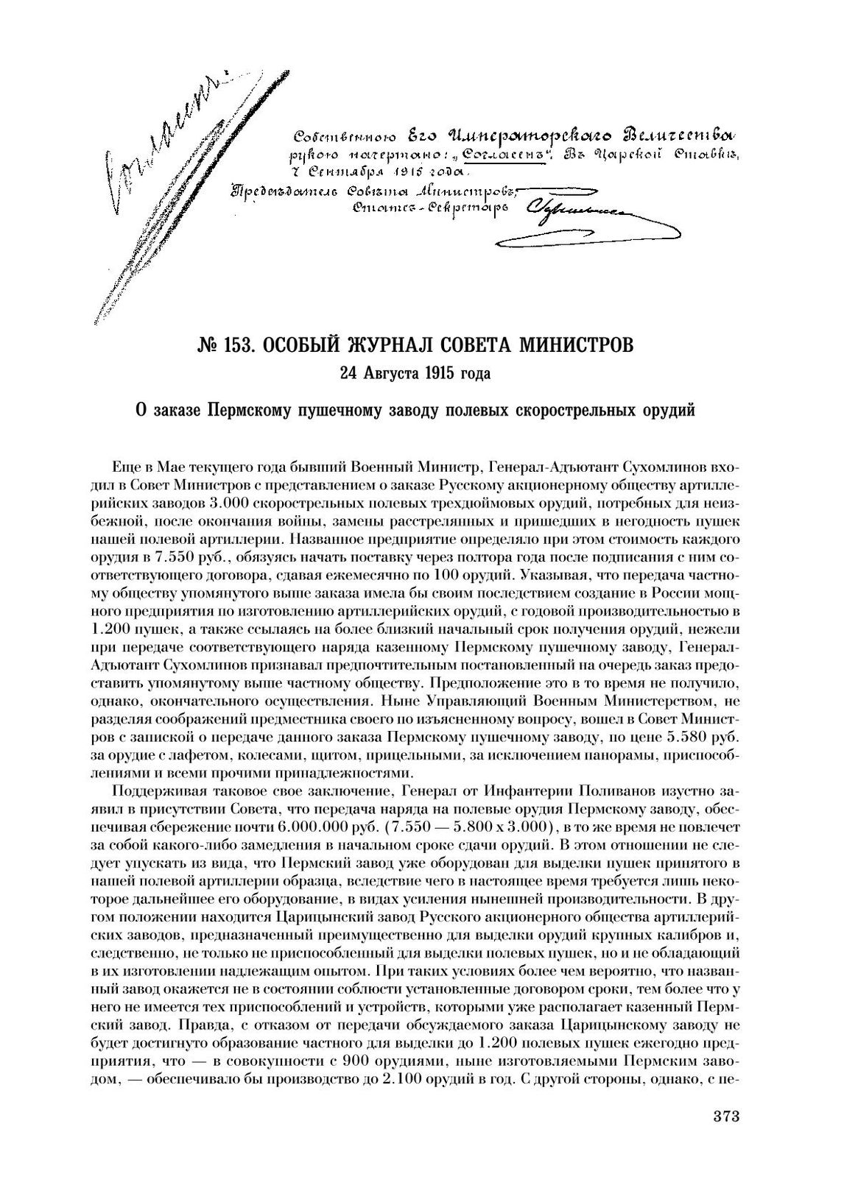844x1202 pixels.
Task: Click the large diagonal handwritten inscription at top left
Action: pyautogui.click(x=162, y=184)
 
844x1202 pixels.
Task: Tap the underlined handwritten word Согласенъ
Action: pyautogui.click(x=504, y=157)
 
